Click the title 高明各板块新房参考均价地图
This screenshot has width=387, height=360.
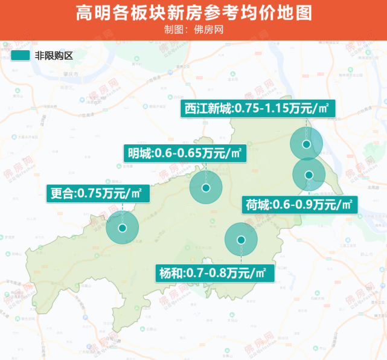click(x=193, y=13)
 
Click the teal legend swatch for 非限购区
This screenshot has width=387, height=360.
click(x=20, y=56)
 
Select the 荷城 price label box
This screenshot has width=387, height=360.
click(x=299, y=205)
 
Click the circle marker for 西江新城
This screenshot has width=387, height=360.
click(x=307, y=144)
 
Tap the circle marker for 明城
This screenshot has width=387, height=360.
click(x=206, y=188)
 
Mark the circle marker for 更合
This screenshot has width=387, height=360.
click(x=123, y=228)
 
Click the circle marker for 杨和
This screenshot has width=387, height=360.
click(x=241, y=240)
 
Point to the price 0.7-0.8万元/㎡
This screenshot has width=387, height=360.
click(x=226, y=272)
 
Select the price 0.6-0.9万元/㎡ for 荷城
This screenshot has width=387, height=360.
click(x=313, y=205)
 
